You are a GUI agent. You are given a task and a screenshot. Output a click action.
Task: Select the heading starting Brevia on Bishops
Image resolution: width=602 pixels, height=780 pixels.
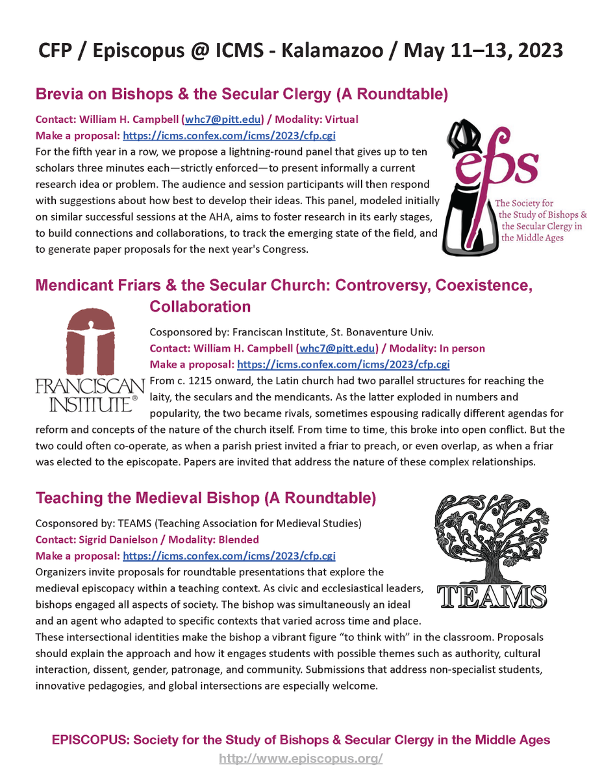pos(241,95)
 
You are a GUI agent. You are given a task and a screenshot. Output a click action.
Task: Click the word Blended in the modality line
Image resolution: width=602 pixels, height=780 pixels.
pos(237,539)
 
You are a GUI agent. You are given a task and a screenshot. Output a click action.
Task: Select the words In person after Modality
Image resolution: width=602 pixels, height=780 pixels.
pos(460,348)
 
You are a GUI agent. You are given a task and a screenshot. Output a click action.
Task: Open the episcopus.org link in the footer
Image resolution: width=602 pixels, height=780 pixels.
pos(301,759)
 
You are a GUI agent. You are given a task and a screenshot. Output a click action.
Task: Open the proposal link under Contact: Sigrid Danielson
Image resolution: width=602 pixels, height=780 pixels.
pos(229,556)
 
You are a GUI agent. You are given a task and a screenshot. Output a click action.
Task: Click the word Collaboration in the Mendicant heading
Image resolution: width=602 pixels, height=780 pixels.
pos(200,305)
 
